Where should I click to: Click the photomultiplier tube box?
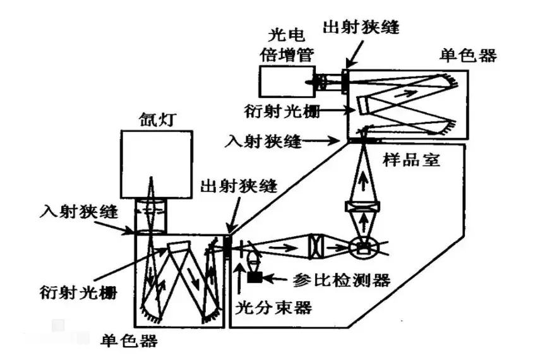point(282,83)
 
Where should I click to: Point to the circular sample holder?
point(362,247)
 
